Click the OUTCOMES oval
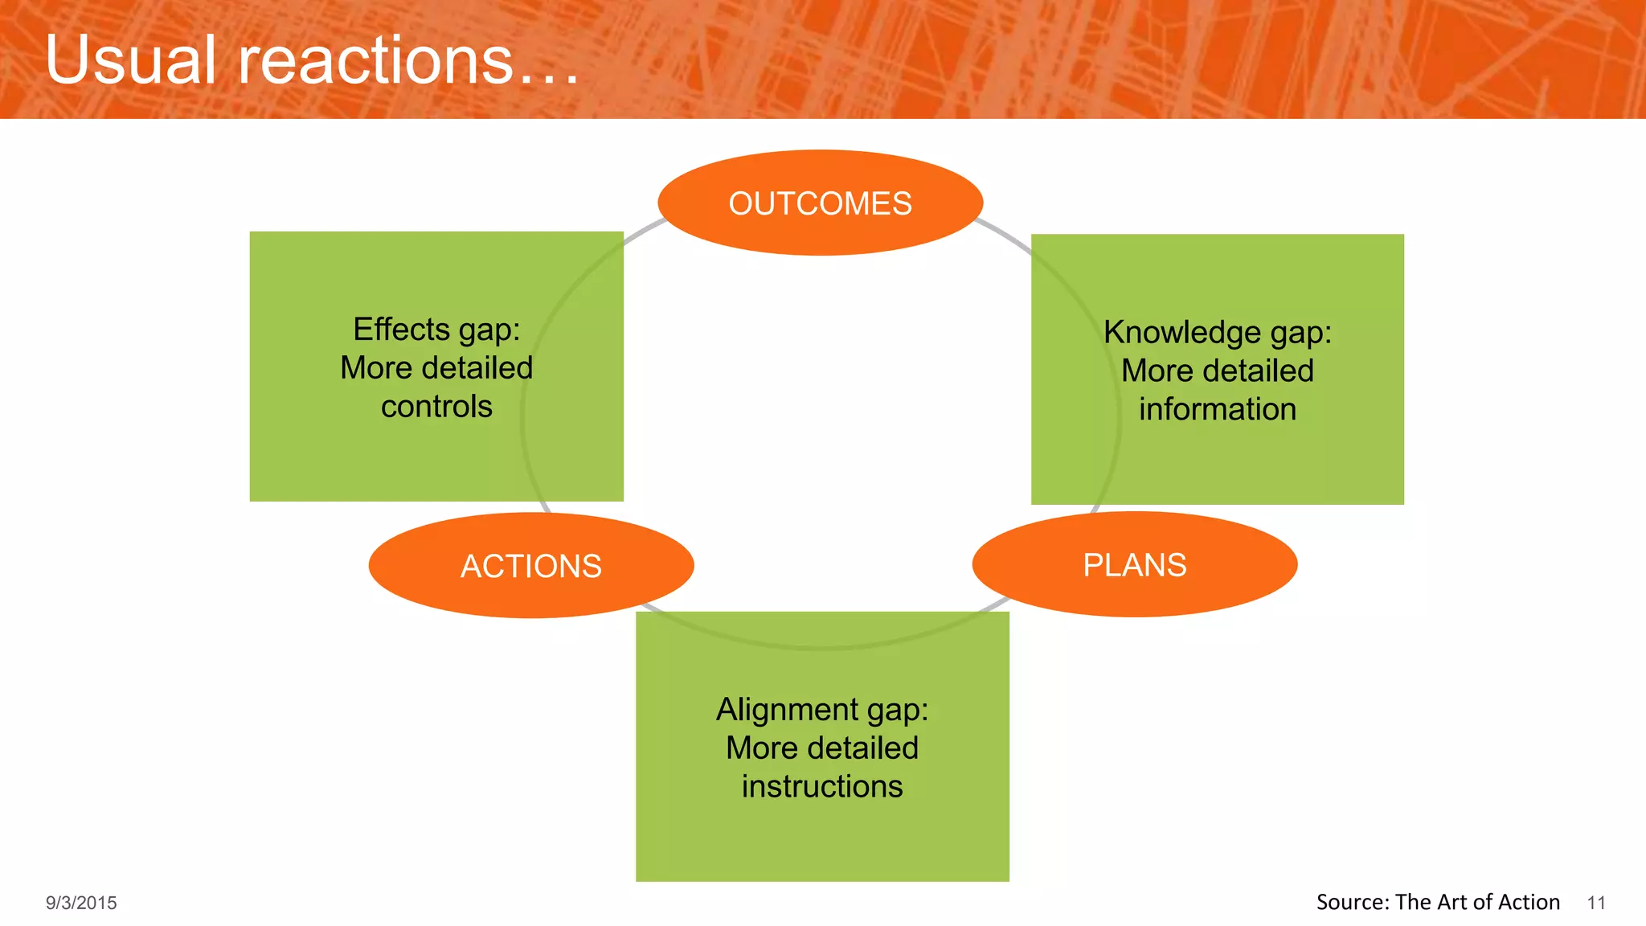[820, 203]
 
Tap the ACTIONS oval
[530, 566]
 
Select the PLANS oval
[1134, 564]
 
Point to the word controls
[436, 407]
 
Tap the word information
[1217, 409]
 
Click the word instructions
[821, 786]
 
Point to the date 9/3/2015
[81, 903]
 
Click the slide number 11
[1595, 903]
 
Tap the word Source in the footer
[1351, 903]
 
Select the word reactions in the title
[375, 61]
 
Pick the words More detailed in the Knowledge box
[1217, 371]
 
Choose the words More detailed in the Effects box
[436, 368]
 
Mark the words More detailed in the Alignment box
[821, 748]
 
